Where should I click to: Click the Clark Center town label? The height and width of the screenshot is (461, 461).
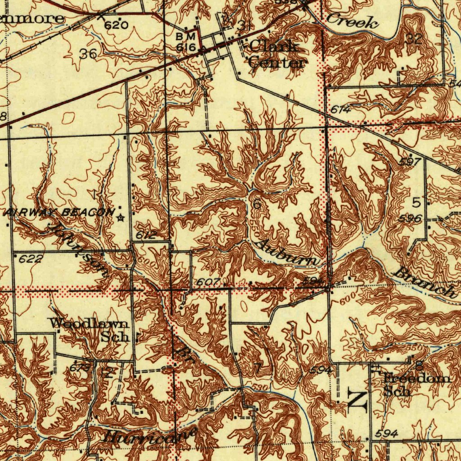[275, 54]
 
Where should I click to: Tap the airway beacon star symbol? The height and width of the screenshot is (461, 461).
[120, 218]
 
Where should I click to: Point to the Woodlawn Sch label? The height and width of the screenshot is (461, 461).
[90, 330]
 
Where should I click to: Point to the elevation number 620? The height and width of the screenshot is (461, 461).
[116, 25]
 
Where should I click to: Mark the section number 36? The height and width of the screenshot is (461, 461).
[88, 54]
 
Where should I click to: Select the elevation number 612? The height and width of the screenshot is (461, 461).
[146, 235]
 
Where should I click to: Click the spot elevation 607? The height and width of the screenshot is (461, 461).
[208, 282]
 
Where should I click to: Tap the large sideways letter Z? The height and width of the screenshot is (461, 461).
[357, 400]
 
